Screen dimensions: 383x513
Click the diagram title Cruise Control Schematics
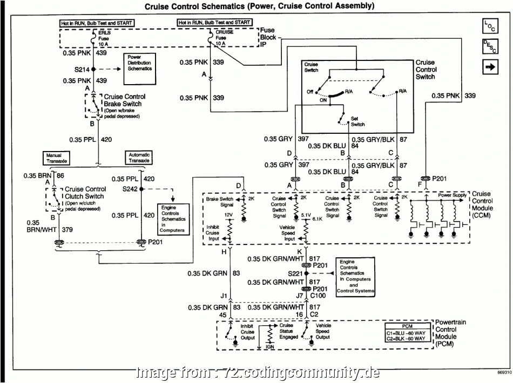[x=259, y=6]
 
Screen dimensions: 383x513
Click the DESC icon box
[x=490, y=47]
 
